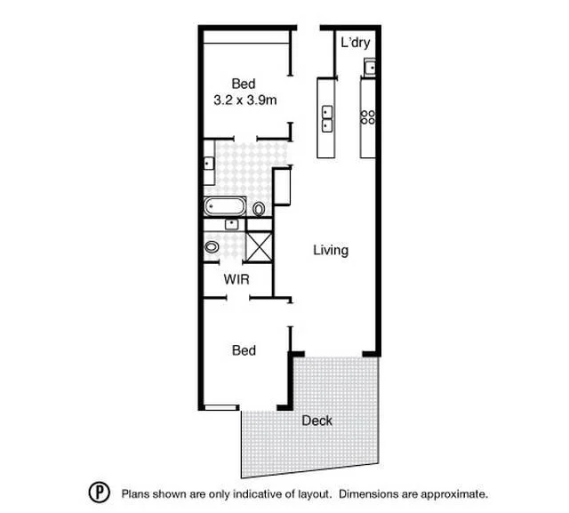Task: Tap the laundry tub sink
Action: click(370, 65)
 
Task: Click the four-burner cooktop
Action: click(367, 116)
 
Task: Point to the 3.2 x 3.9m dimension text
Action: click(244, 100)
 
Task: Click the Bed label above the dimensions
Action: click(244, 84)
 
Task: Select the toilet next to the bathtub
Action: click(259, 210)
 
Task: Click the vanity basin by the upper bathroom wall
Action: click(208, 164)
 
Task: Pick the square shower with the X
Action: click(259, 245)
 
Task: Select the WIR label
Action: click(236, 279)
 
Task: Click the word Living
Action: click(330, 251)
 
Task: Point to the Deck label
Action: click(317, 420)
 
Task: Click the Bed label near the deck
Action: click(244, 350)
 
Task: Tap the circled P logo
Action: click(98, 493)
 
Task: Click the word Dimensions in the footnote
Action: click(373, 493)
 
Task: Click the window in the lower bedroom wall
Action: click(220, 408)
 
